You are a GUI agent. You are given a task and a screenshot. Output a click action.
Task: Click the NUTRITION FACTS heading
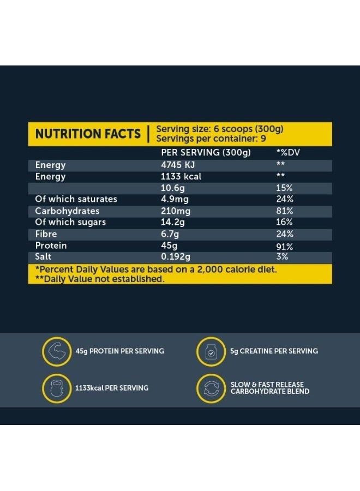88,134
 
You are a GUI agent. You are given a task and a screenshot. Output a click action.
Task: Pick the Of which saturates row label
76,199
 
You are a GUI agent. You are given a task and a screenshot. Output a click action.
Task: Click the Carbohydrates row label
67,211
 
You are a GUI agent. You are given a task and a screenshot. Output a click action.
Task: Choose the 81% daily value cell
284,211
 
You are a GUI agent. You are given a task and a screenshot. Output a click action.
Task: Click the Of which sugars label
70,222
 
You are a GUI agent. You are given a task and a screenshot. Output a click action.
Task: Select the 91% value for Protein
284,246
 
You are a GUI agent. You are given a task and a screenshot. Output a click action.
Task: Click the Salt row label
44,256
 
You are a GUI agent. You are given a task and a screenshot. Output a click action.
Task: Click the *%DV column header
288,153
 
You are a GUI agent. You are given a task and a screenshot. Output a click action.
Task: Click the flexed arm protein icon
57,351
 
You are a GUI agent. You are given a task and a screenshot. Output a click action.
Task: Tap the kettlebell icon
57,388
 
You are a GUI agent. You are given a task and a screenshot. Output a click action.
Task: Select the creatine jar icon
211,351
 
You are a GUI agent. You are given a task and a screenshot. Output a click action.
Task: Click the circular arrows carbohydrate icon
211,388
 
